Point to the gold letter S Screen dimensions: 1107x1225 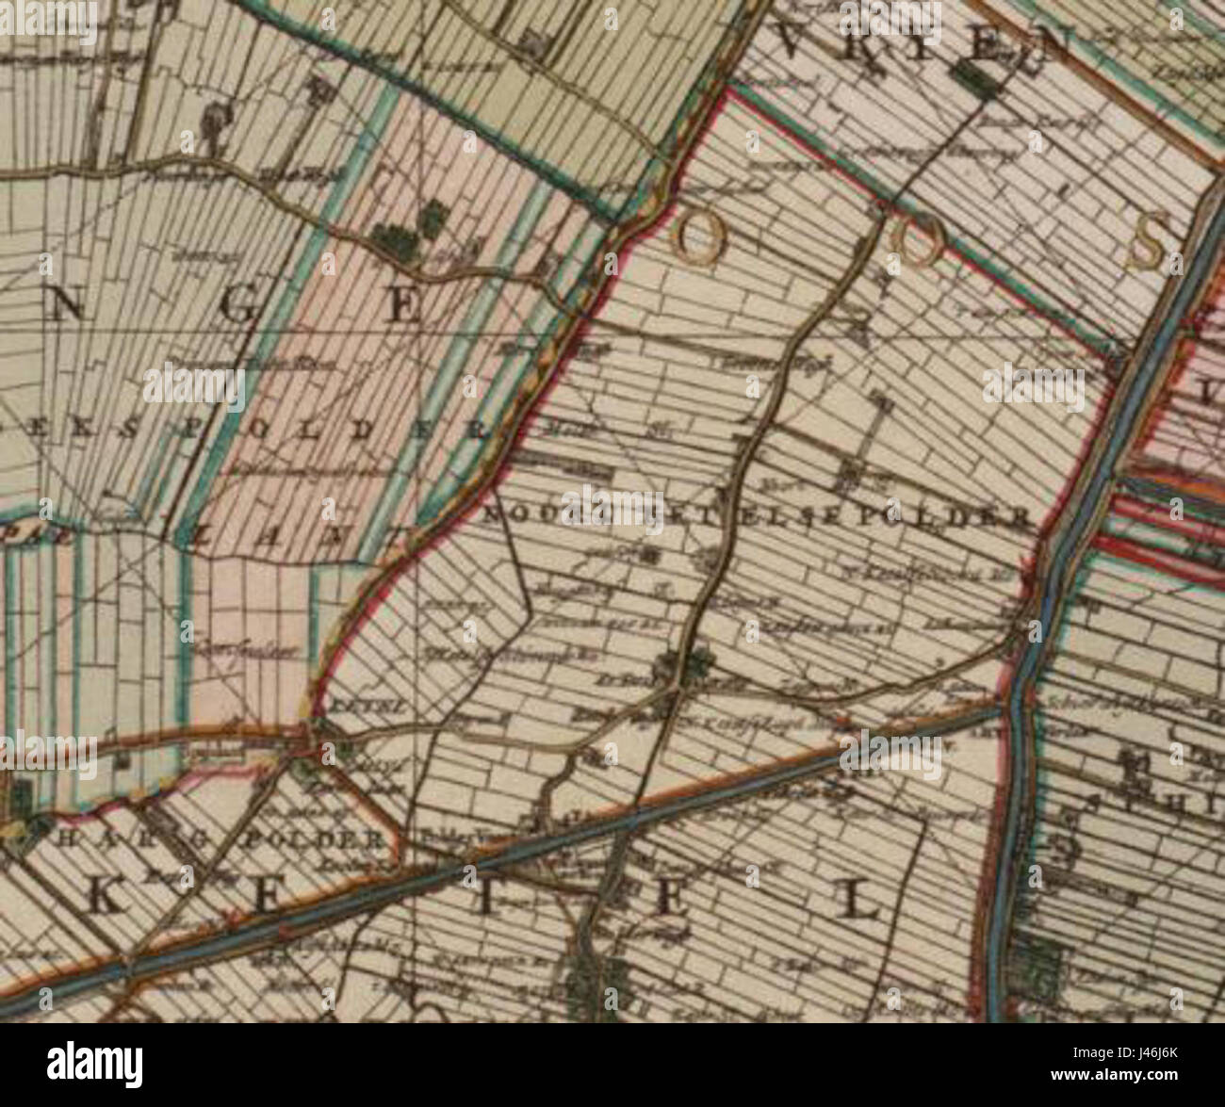[1149, 242]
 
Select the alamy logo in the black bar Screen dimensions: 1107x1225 [96, 1064]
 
